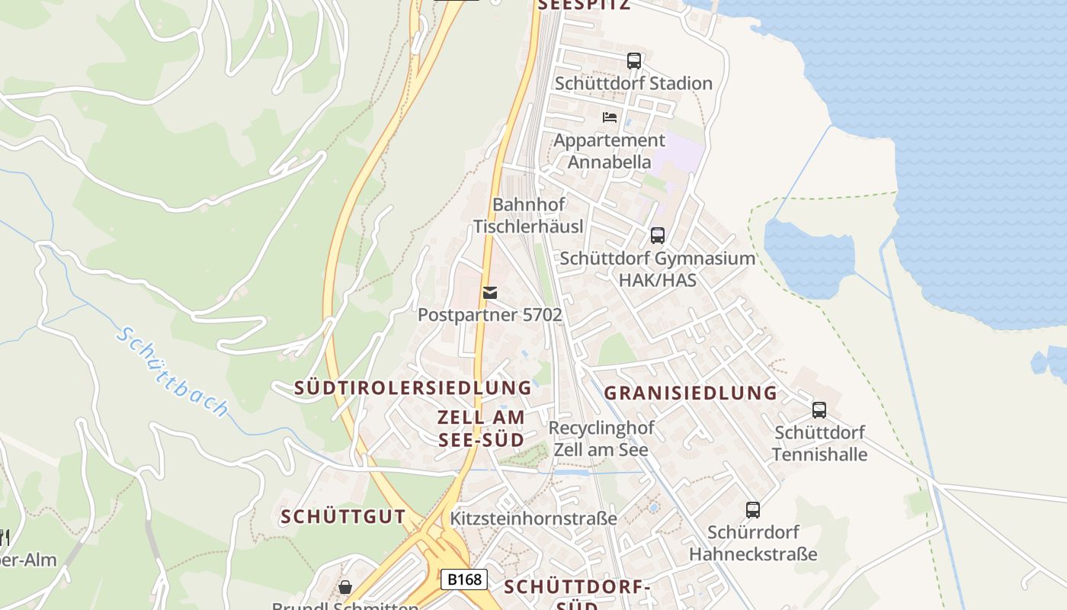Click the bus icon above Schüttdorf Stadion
pos(634,61)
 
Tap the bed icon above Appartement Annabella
pos(610,117)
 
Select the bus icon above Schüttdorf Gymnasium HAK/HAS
pos(658,236)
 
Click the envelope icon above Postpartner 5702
pos(490,293)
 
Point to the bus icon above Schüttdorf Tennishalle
pos(819,410)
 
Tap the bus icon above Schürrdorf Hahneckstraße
pos(753,509)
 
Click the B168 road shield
pos(464,579)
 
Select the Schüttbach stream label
pos(173,372)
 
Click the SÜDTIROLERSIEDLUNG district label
pos(413,388)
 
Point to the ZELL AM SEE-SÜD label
pos(481,429)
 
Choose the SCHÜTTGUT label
pos(343,517)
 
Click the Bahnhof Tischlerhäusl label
pos(528,216)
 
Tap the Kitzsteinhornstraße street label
pos(533,518)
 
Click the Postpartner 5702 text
pos(490,314)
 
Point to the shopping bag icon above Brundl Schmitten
pos(345,587)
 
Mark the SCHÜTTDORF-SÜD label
pos(577,595)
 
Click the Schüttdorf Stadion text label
pos(633,83)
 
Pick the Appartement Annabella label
pos(609,151)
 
